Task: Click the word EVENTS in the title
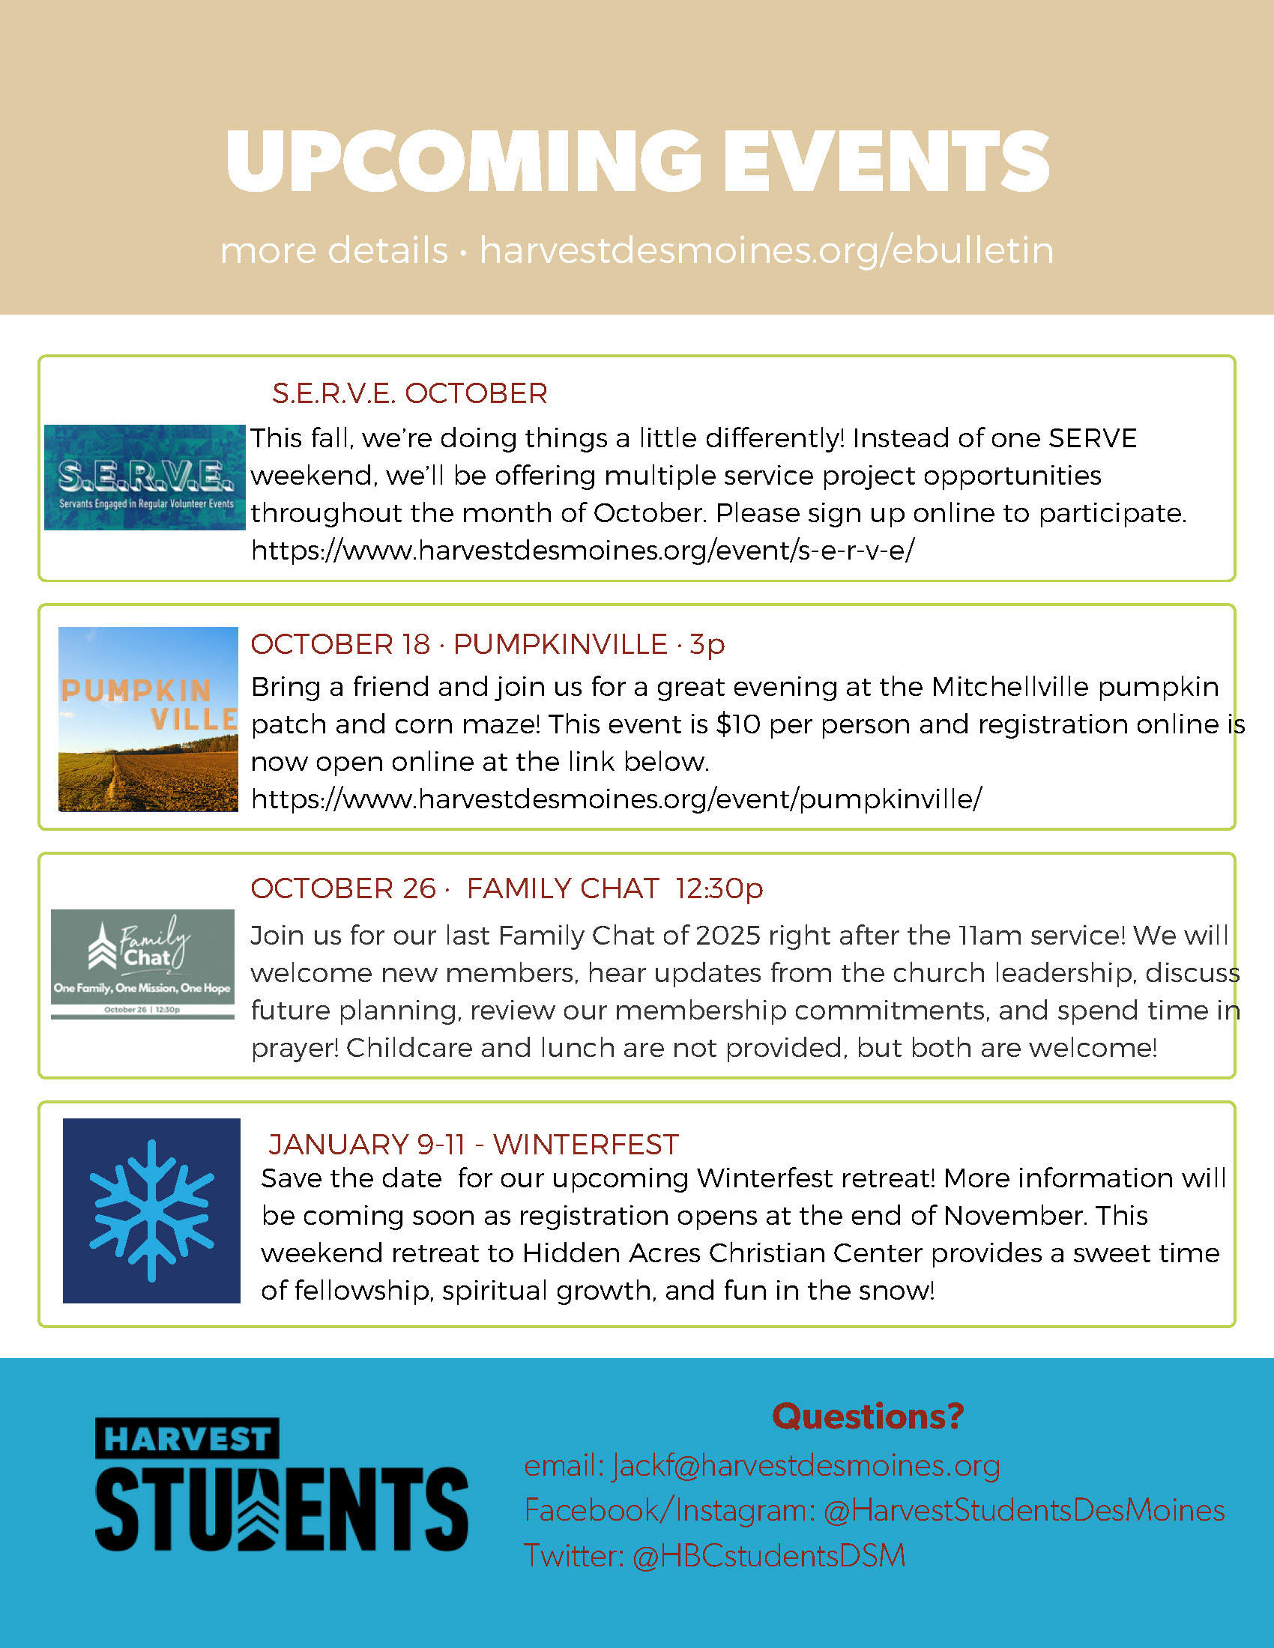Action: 886,161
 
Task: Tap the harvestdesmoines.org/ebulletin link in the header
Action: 766,250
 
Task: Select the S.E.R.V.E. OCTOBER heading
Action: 410,393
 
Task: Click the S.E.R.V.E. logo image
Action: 145,477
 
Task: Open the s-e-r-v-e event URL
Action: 582,550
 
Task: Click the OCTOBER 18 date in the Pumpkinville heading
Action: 340,644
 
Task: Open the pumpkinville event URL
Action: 616,799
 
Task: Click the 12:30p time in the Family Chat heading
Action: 719,889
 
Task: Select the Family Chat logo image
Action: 142,963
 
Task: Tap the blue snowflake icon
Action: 151,1211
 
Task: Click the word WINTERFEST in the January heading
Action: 586,1145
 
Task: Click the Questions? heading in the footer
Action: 868,1417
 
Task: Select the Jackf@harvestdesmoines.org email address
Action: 806,1465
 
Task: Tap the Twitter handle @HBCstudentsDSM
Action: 768,1556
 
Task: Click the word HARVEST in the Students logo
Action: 187,1439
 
